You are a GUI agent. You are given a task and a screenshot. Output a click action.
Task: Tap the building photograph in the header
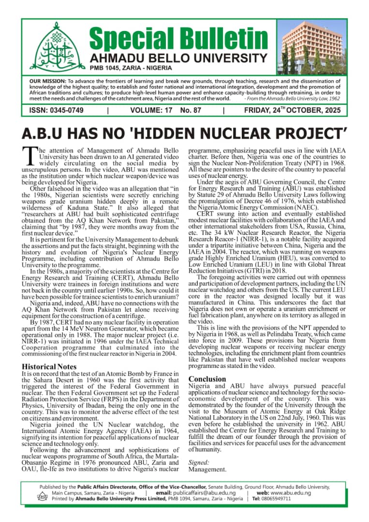pos(314,47)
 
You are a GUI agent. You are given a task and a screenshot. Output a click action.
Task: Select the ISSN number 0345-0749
pos(57,111)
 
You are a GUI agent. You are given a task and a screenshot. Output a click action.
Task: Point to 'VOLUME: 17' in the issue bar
pos(151,111)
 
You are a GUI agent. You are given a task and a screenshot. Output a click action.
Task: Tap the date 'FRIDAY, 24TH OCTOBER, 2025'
pos(292,111)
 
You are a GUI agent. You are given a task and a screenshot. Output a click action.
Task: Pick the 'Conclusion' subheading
pos(207,379)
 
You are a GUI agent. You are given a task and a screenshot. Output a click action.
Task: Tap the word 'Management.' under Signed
pos(207,469)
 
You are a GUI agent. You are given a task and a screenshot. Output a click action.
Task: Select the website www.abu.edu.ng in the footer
pos(291,493)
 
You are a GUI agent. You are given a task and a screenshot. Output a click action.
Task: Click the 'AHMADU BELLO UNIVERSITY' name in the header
pos(178,58)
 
